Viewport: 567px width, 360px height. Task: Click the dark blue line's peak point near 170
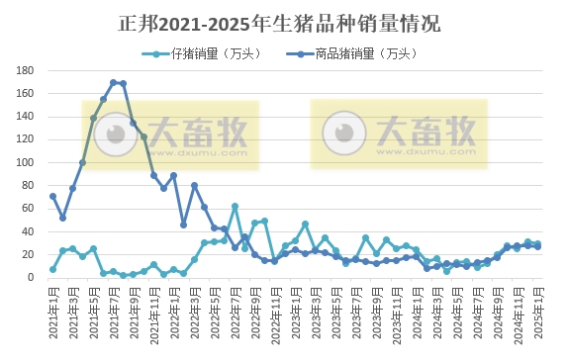tap(114, 82)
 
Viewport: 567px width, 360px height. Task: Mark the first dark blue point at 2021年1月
tap(52, 196)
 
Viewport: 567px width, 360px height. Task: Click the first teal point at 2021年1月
tap(52, 269)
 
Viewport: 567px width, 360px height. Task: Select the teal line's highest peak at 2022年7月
tap(235, 206)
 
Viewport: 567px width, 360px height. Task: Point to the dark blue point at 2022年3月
tap(194, 185)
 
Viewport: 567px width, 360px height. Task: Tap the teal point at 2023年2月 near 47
tap(305, 224)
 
